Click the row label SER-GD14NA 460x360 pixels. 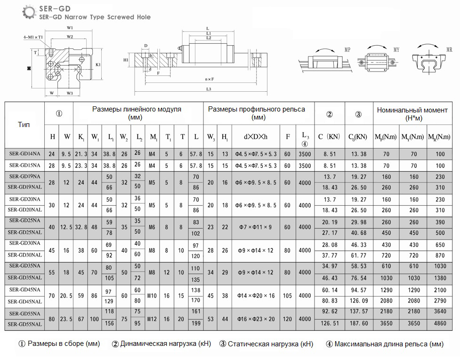pos(24,154)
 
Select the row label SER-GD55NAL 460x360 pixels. pos(24,324)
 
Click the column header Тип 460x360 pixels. pos(24,125)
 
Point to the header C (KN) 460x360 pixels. pos(329,137)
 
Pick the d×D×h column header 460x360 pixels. pos(256,137)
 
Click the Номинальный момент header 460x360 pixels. pos(412,113)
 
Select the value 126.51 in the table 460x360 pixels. pos(329,324)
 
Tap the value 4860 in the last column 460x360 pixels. pos(440,324)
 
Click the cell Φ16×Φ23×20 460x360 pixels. pos(256,318)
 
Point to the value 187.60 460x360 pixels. pos(359,324)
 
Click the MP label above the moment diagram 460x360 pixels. pos(347,49)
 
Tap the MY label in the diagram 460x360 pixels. pos(397,49)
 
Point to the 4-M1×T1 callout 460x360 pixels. pos(33,37)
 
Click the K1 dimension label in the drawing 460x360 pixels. pos(98,64)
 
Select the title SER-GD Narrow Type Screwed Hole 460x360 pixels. pos(95,17)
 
